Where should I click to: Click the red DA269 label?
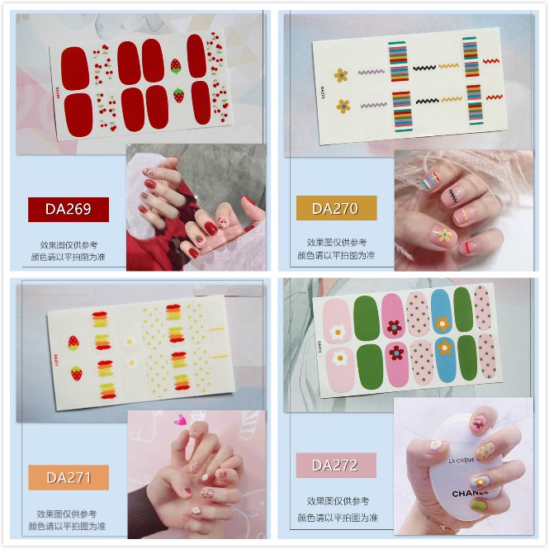(x=69, y=209)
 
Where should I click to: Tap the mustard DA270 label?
(x=336, y=208)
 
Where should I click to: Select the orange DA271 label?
(x=69, y=477)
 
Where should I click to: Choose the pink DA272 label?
(x=336, y=465)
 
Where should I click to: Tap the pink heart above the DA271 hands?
(x=180, y=420)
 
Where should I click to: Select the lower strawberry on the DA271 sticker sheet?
(x=76, y=374)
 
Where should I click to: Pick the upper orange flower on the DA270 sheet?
(x=341, y=75)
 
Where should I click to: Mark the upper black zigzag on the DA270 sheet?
(x=425, y=69)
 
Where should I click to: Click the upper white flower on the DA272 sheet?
(x=336, y=332)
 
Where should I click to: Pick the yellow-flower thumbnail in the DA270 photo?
(x=444, y=235)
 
